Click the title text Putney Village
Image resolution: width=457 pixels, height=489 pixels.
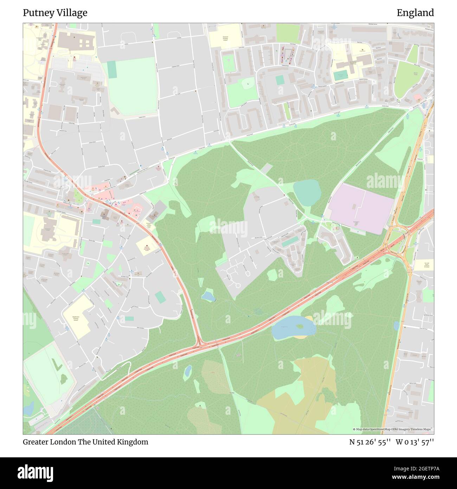(x=55, y=13)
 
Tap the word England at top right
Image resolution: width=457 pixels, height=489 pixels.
(x=415, y=13)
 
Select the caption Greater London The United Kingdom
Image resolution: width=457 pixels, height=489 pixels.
(x=85, y=442)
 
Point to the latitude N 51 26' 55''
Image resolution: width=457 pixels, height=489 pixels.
(x=370, y=442)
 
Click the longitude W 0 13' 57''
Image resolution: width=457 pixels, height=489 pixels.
(x=415, y=442)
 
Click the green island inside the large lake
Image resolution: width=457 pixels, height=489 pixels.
(x=300, y=326)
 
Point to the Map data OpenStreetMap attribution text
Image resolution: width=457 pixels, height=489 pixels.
(x=393, y=429)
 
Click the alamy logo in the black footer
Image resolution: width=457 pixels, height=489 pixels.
(x=36, y=472)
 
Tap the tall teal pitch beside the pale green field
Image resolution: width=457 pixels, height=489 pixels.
(x=112, y=69)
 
